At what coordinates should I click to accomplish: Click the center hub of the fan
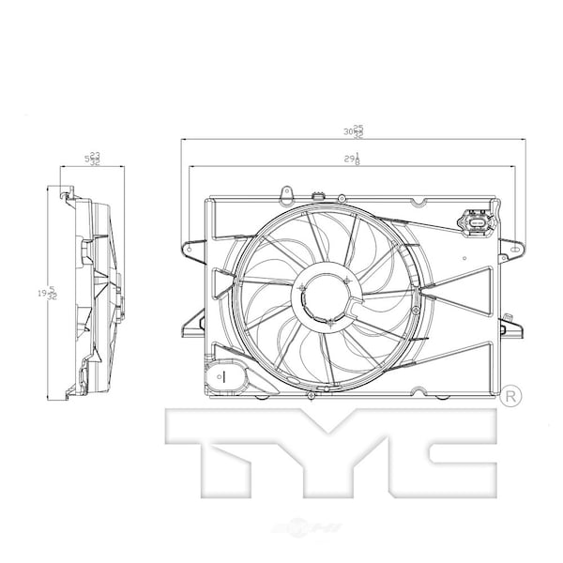pos(325,293)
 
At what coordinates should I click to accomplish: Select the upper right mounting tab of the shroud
pos(512,248)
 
